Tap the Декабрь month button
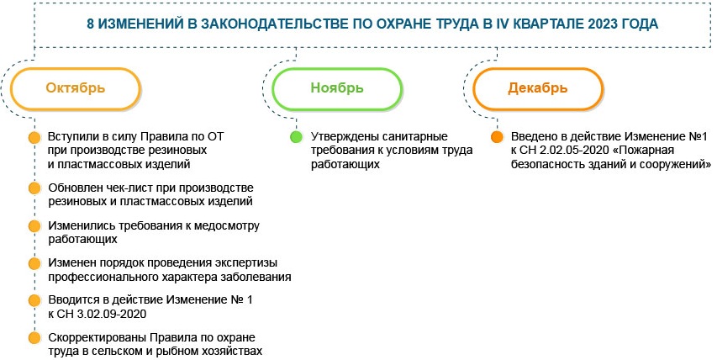pyautogui.click(x=537, y=88)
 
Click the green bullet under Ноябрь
pyautogui.click(x=295, y=136)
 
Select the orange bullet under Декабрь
pyautogui.click(x=497, y=136)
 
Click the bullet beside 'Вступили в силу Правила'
pyautogui.click(x=34, y=136)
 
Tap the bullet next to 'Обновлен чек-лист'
pyautogui.click(x=34, y=187)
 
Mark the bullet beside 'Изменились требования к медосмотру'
pyautogui.click(x=34, y=225)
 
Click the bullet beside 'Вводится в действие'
pyautogui.click(x=34, y=300)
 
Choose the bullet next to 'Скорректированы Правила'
pyautogui.click(x=34, y=337)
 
